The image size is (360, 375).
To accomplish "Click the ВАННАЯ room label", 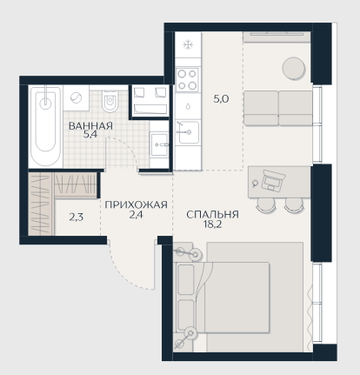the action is coord(90,126).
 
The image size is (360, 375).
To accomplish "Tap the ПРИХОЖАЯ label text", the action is coord(136,204).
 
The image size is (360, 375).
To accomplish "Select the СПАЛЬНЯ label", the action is coord(212,215).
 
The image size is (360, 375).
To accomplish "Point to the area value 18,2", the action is coord(212,224).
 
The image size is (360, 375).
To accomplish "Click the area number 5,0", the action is coord(221,99).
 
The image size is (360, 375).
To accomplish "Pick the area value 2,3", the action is coord(77,217).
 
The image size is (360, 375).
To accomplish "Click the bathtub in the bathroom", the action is coord(46,126).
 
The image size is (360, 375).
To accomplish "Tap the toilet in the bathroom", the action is coord(110,101).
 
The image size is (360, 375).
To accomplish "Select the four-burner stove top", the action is coord(188,79).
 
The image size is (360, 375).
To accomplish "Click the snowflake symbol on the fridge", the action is coord(188,44).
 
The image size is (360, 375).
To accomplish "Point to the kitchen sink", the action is coord(189,132).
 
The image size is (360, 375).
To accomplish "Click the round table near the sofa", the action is coord(294,68).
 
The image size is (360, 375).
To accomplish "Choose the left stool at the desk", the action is coord(263,204).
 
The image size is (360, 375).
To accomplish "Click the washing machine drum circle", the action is coord(77,97).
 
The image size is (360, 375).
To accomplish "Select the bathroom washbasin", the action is coord(159,144).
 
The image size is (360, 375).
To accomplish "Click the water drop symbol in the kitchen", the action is coord(188,106).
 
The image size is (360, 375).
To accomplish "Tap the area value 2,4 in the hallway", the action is coord(136,215).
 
